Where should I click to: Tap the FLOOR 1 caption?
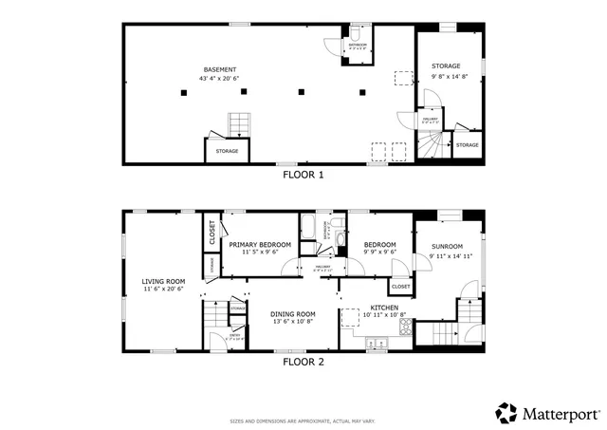point(303,175)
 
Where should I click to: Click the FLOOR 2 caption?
point(303,362)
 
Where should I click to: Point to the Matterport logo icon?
point(506,413)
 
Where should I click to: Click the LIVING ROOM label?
point(163,281)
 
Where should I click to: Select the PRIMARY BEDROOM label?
point(260,244)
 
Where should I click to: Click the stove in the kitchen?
point(406,327)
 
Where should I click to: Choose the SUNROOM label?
point(448,245)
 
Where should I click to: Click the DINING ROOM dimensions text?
point(292,322)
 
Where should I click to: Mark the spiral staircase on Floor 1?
point(433,145)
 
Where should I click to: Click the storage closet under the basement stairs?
point(227,151)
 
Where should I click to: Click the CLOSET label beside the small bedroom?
point(400,286)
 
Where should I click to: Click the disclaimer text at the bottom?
point(303,421)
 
